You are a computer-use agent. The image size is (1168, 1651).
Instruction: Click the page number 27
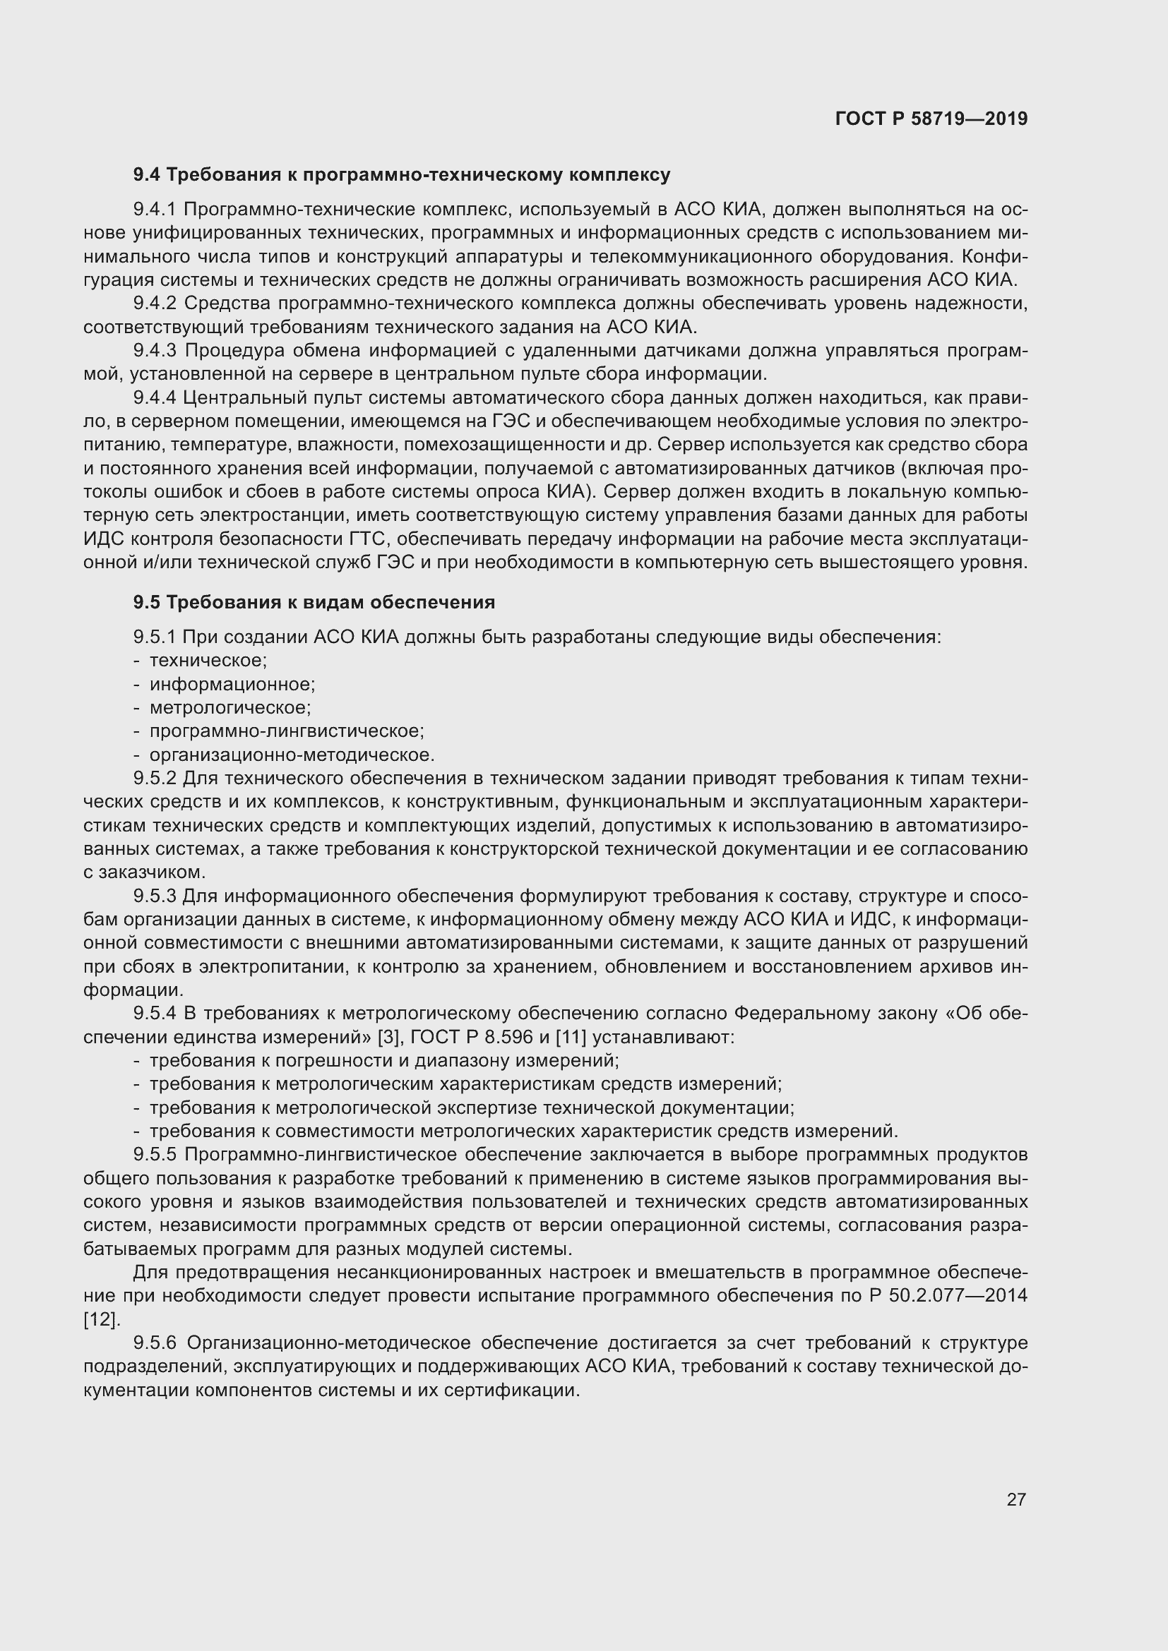click(x=1015, y=1499)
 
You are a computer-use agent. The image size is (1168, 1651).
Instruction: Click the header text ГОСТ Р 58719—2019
click(x=931, y=119)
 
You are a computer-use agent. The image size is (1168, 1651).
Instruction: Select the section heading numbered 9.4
click(x=401, y=175)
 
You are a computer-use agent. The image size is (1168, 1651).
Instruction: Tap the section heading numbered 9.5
click(x=314, y=603)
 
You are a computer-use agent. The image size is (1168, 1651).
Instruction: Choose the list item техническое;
click(x=208, y=660)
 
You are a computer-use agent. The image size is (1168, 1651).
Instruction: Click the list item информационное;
click(x=232, y=684)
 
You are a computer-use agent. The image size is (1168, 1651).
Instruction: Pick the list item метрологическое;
click(x=230, y=707)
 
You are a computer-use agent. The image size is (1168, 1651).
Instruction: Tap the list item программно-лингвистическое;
click(x=286, y=731)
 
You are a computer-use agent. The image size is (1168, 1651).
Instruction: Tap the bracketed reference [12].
click(x=102, y=1319)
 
